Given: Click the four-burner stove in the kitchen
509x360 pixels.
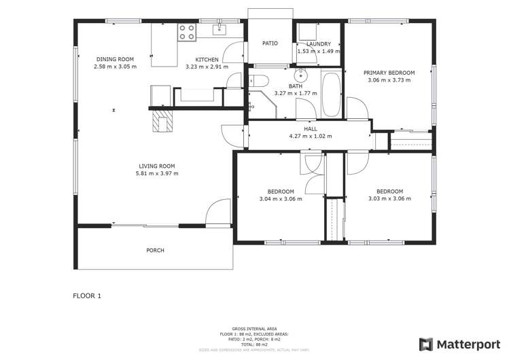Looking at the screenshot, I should (186, 32).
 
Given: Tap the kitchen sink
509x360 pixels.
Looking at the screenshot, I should (220, 29).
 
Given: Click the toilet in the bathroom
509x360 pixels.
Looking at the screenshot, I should (256, 81).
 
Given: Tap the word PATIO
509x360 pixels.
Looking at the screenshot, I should (270, 43).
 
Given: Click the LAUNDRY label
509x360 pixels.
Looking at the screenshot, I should (318, 43).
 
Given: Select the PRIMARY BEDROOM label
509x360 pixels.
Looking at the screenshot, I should (389, 73).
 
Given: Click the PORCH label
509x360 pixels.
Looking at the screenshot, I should (155, 250).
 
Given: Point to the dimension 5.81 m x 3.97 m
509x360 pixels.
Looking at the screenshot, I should (157, 173).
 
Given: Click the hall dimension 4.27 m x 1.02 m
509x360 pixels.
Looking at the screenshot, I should (310, 136).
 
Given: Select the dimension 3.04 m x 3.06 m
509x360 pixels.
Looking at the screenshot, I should (281, 198).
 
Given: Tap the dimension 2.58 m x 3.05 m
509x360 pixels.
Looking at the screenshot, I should (115, 67).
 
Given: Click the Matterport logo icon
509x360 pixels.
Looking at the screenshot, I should (426, 344).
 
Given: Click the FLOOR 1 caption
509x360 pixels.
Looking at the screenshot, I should (87, 296).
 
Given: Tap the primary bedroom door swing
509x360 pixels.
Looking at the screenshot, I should (355, 107).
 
